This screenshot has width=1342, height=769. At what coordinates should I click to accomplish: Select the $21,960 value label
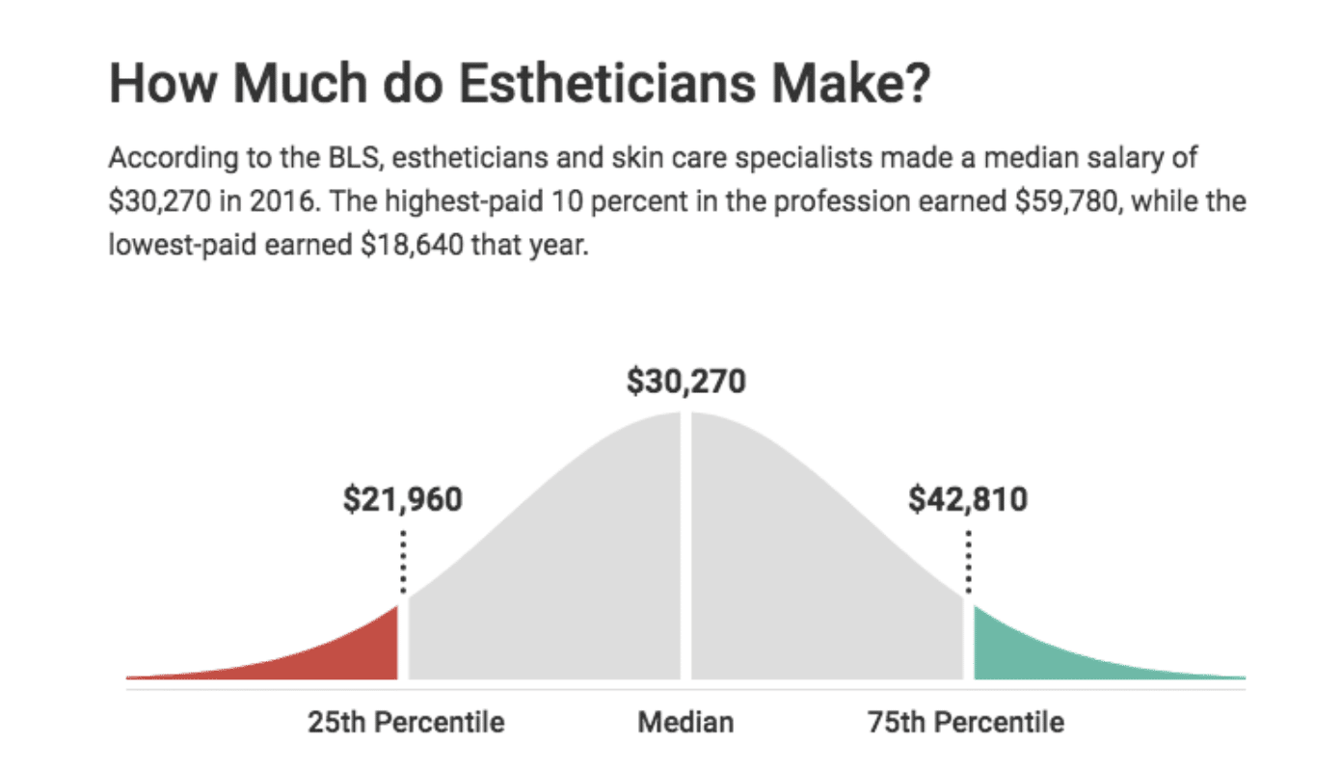pyautogui.click(x=402, y=500)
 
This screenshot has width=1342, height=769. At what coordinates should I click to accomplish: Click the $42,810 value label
pyautogui.click(x=968, y=500)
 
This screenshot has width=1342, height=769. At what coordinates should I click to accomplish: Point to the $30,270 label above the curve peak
pyautogui.click(x=685, y=382)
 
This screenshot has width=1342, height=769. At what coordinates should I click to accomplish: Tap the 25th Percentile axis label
pyautogui.click(x=406, y=722)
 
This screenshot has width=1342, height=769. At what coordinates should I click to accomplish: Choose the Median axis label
pyautogui.click(x=685, y=722)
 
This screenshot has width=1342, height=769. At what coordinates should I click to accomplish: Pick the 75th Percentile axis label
pyautogui.click(x=965, y=722)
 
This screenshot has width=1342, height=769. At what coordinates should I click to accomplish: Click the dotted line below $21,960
pyautogui.click(x=403, y=561)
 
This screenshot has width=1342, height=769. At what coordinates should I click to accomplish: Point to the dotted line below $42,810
pyautogui.click(x=968, y=561)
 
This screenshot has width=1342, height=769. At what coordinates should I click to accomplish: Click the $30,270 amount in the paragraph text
pyautogui.click(x=154, y=203)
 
